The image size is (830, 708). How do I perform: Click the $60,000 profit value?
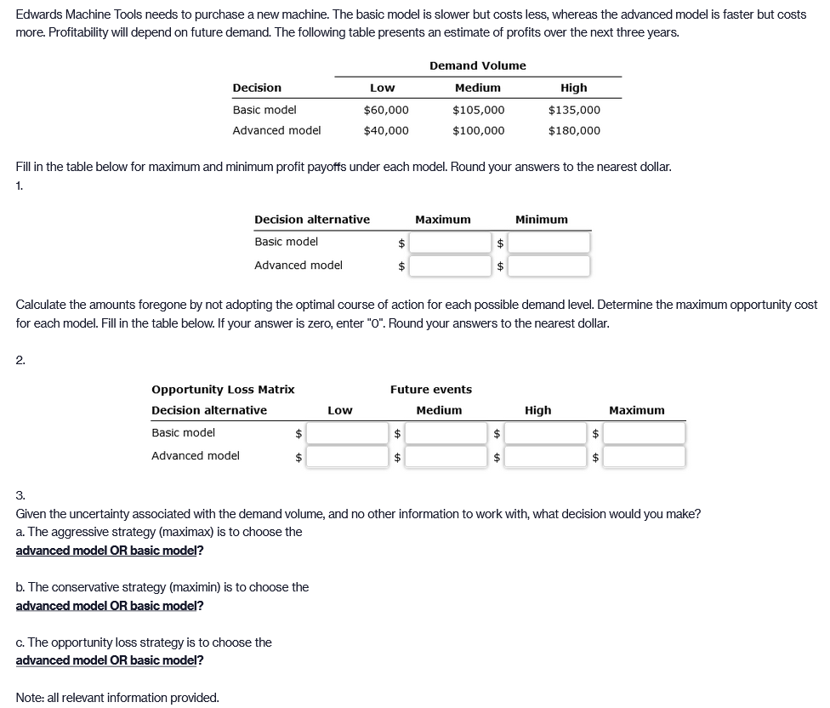coord(386,110)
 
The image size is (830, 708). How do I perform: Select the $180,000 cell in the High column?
coord(574,130)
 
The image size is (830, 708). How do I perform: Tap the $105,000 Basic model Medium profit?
coord(478,110)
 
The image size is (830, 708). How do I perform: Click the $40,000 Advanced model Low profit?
coord(386,130)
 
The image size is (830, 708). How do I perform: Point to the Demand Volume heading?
coord(477,66)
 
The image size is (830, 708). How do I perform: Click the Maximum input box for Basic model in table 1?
coord(450,243)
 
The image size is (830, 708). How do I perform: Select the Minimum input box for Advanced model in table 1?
coord(549,266)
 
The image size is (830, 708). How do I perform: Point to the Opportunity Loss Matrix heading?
coord(223,390)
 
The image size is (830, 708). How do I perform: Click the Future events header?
coord(431,390)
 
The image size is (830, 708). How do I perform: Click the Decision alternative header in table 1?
coord(312,220)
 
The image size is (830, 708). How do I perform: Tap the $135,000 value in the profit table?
coord(574,110)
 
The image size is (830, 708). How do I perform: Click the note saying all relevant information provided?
coord(117,698)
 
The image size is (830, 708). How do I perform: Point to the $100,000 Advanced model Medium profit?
coord(478,130)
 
